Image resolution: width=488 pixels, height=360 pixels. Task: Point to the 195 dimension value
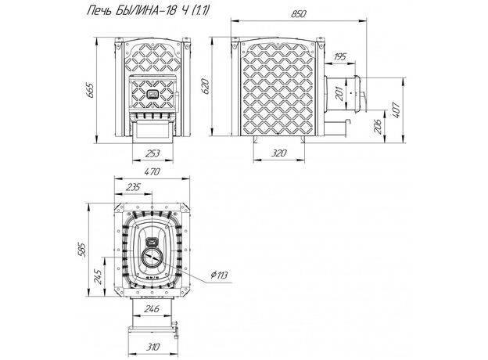pyautogui.click(x=340, y=56)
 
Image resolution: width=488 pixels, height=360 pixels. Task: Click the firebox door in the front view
pyautogui.click(x=151, y=95)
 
